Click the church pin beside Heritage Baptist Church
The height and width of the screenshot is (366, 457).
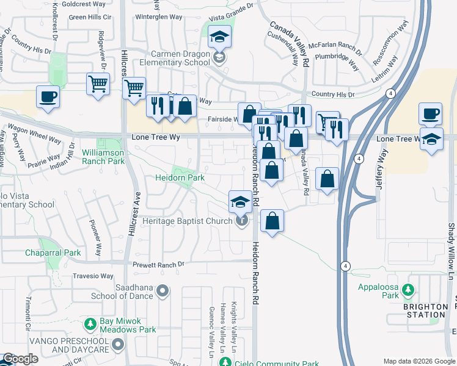tap(242, 221)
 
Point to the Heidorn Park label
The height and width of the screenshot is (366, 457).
tap(178, 178)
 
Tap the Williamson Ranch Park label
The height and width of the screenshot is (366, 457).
tap(103, 156)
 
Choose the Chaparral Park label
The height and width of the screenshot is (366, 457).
tap(53, 253)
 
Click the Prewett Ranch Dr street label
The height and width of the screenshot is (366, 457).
tap(159, 264)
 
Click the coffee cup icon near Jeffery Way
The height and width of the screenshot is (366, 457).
tap(430, 114)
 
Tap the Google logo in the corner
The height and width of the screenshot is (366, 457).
tap(20, 359)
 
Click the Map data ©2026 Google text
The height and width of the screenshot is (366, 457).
tap(419, 361)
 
